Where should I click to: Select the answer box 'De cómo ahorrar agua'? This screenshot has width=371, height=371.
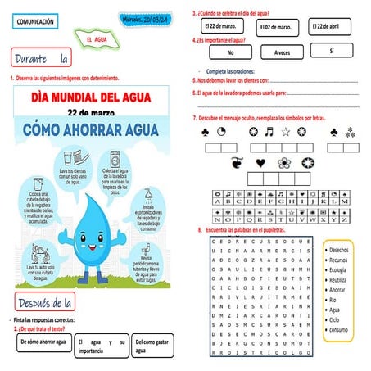click(43, 341)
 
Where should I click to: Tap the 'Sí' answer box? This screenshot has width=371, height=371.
click(331, 52)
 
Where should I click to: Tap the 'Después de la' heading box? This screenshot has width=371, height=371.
click(45, 302)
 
